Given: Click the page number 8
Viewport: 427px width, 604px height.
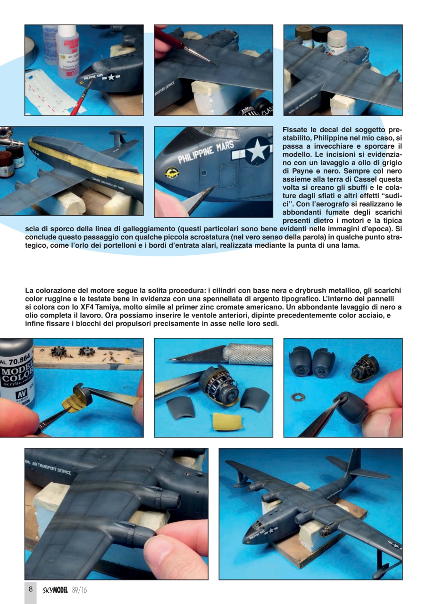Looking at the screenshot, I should pyautogui.click(x=30, y=589).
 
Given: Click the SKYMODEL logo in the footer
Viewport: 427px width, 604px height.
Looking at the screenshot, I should pyautogui.click(x=56, y=589).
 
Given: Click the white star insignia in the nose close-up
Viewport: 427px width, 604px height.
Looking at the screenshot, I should pyautogui.click(x=258, y=151).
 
